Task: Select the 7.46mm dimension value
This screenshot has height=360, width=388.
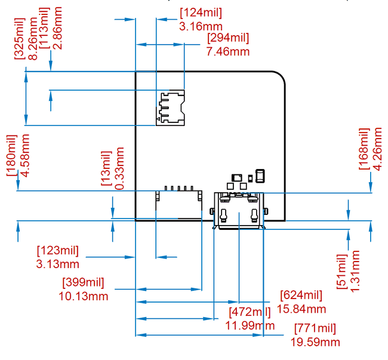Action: (x=227, y=51)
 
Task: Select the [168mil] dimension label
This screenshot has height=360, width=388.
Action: (x=365, y=149)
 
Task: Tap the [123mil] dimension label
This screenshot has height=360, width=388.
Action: (x=57, y=250)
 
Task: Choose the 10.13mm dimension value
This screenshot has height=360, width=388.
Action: (x=83, y=296)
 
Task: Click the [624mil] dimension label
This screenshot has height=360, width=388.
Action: (x=301, y=295)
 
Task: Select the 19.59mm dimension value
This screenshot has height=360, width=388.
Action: (x=315, y=341)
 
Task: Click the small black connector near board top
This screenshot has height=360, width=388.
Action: (x=171, y=108)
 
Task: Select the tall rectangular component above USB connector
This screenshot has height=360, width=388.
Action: (x=260, y=176)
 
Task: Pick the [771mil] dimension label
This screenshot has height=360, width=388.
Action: (x=315, y=328)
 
